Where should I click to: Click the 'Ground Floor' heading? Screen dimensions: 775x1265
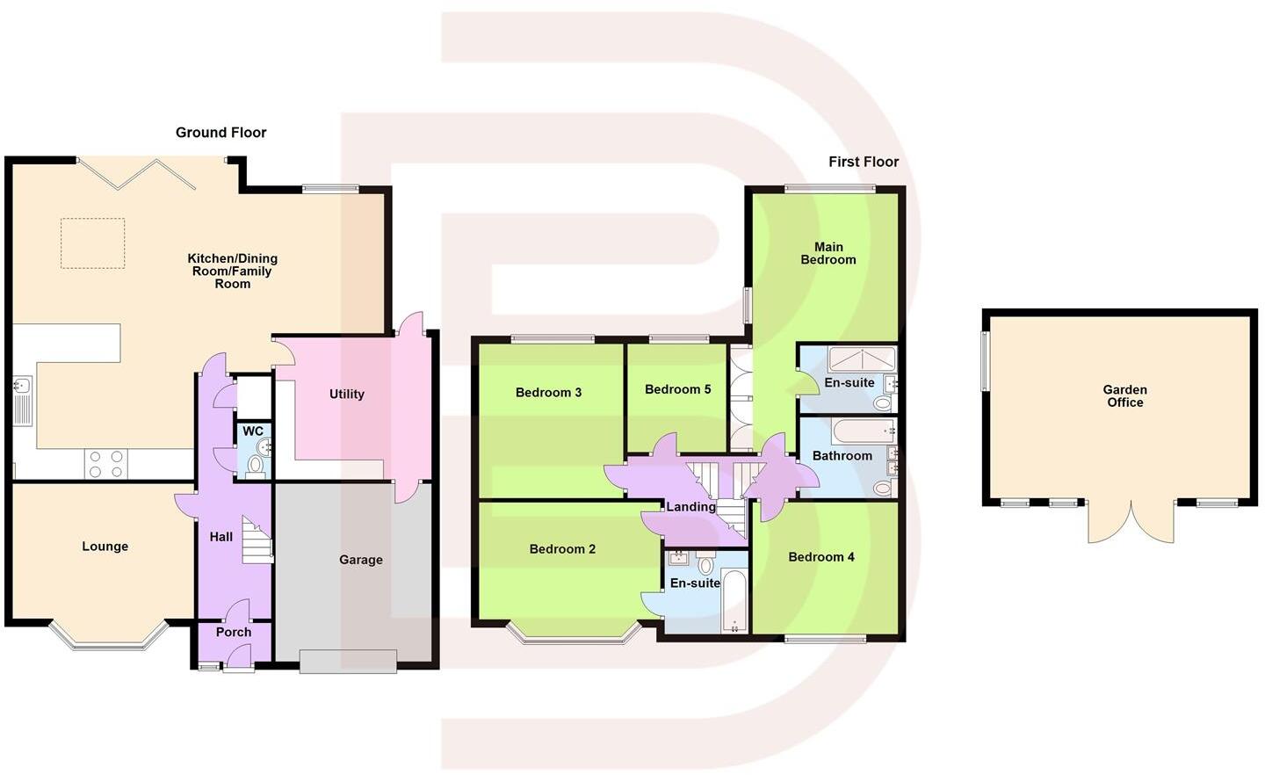(220, 133)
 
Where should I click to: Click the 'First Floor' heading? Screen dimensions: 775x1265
(863, 162)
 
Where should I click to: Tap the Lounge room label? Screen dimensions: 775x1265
(105, 547)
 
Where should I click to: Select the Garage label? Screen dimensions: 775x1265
(360, 560)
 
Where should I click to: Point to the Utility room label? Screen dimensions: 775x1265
(346, 395)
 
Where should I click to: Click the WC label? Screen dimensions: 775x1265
(253, 431)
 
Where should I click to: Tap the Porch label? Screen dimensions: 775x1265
(234, 632)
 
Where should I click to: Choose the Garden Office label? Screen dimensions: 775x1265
(1124, 396)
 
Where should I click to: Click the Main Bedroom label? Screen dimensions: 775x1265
(828, 253)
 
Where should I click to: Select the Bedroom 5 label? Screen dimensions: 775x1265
(677, 389)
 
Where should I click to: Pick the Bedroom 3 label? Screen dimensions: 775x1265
(548, 393)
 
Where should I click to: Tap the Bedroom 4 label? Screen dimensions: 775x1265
(820, 557)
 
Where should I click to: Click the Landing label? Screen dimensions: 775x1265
(690, 507)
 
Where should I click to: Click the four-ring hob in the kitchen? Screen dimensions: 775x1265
(105, 464)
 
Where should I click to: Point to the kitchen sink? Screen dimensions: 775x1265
(23, 387)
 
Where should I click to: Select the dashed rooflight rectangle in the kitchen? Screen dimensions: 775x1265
(92, 243)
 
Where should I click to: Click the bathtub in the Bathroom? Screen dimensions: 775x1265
(863, 431)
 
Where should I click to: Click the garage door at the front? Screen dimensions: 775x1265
(348, 661)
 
